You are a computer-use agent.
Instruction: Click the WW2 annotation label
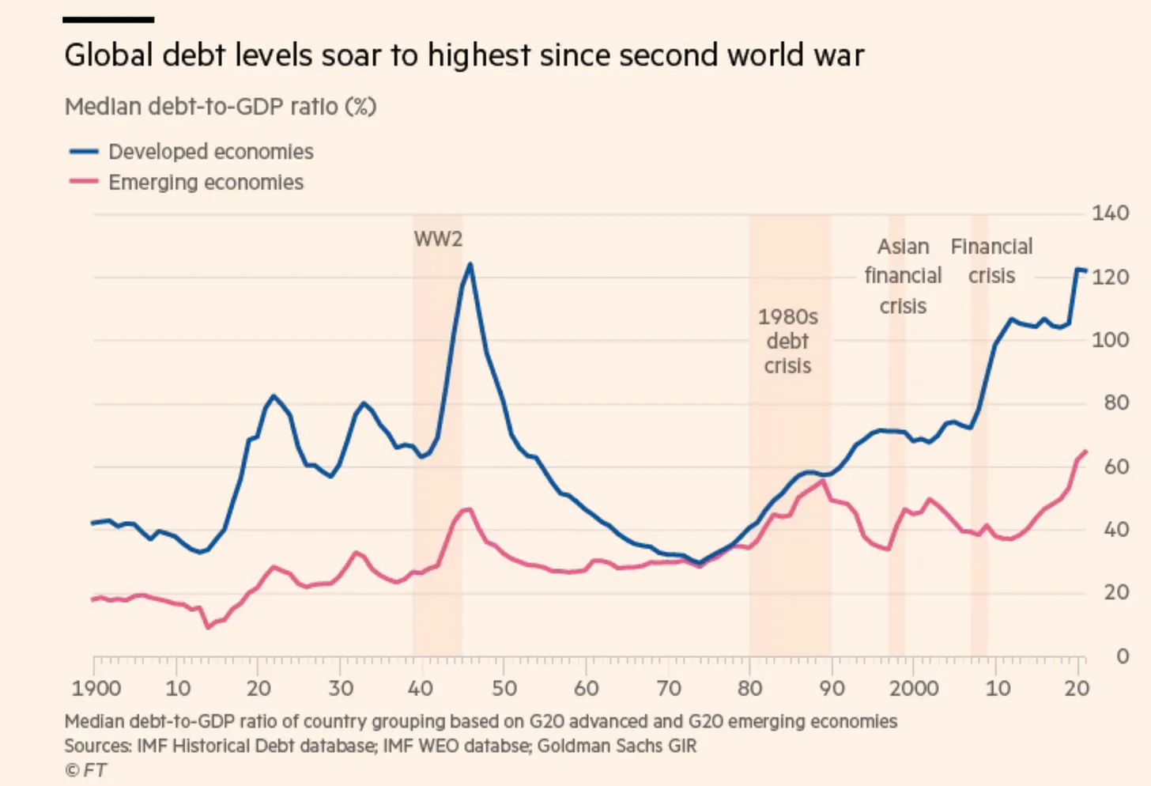click(438, 239)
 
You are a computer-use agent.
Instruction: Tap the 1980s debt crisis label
click(787, 341)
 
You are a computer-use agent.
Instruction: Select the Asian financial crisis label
click(903, 276)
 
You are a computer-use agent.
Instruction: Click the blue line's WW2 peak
click(470, 264)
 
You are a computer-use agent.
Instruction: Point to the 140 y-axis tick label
click(1110, 213)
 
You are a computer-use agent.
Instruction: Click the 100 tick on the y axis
click(1110, 340)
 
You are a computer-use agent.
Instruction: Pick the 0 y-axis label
click(1121, 656)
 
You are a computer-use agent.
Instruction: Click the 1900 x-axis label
click(96, 688)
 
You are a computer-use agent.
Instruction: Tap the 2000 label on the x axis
click(913, 688)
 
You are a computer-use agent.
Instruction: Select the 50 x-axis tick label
click(504, 688)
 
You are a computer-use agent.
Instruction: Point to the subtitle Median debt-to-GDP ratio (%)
click(221, 106)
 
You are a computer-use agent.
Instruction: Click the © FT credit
click(85, 770)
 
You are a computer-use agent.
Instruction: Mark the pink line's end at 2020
click(1085, 452)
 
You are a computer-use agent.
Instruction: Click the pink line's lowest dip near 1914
click(208, 628)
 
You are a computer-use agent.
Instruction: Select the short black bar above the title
click(108, 20)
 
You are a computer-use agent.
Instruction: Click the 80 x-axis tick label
click(750, 688)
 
